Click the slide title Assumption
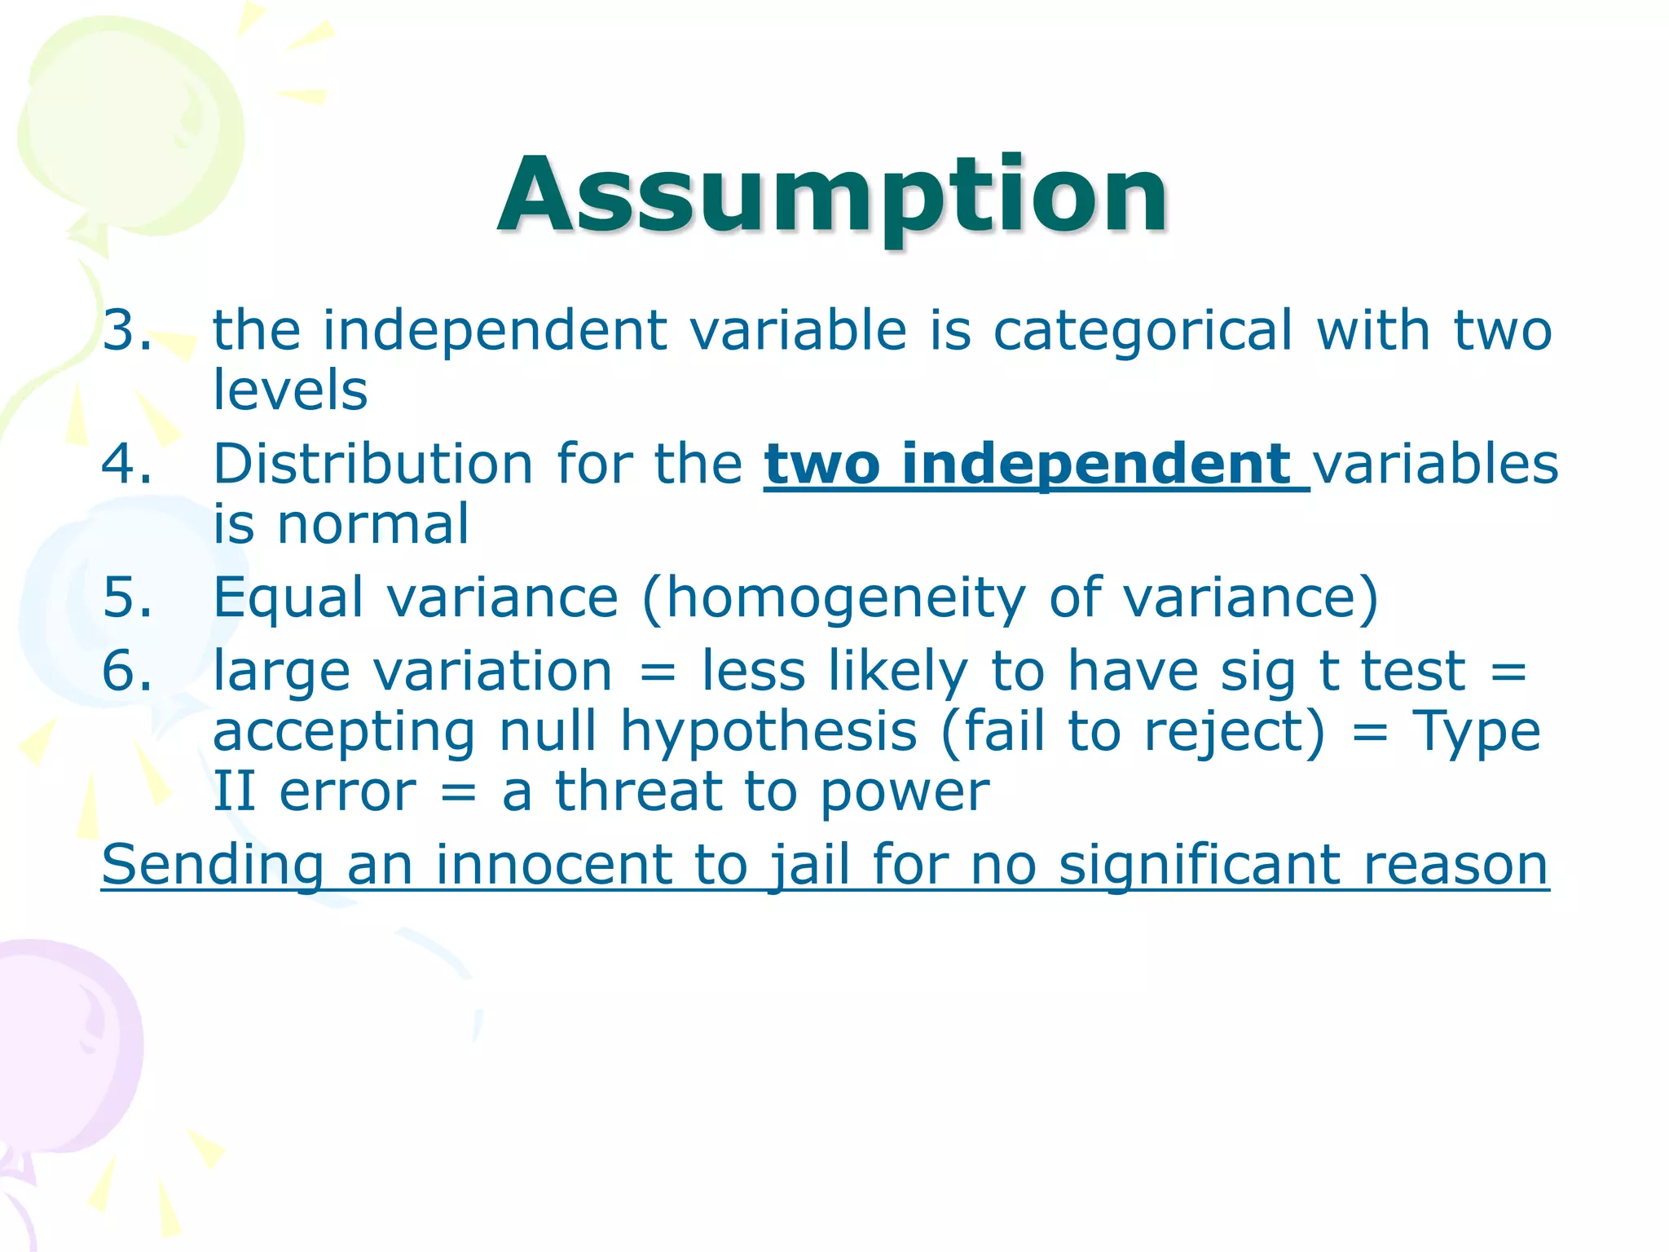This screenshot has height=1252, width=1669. click(x=833, y=196)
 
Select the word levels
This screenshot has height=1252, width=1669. click(x=290, y=390)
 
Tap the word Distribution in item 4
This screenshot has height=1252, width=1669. click(x=373, y=464)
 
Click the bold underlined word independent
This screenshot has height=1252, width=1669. click(x=1096, y=465)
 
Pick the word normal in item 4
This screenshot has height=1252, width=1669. click(x=373, y=524)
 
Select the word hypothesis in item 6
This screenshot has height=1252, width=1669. click(x=768, y=732)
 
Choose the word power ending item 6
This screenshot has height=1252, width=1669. click(x=905, y=793)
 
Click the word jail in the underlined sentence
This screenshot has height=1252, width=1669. click(x=810, y=866)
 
